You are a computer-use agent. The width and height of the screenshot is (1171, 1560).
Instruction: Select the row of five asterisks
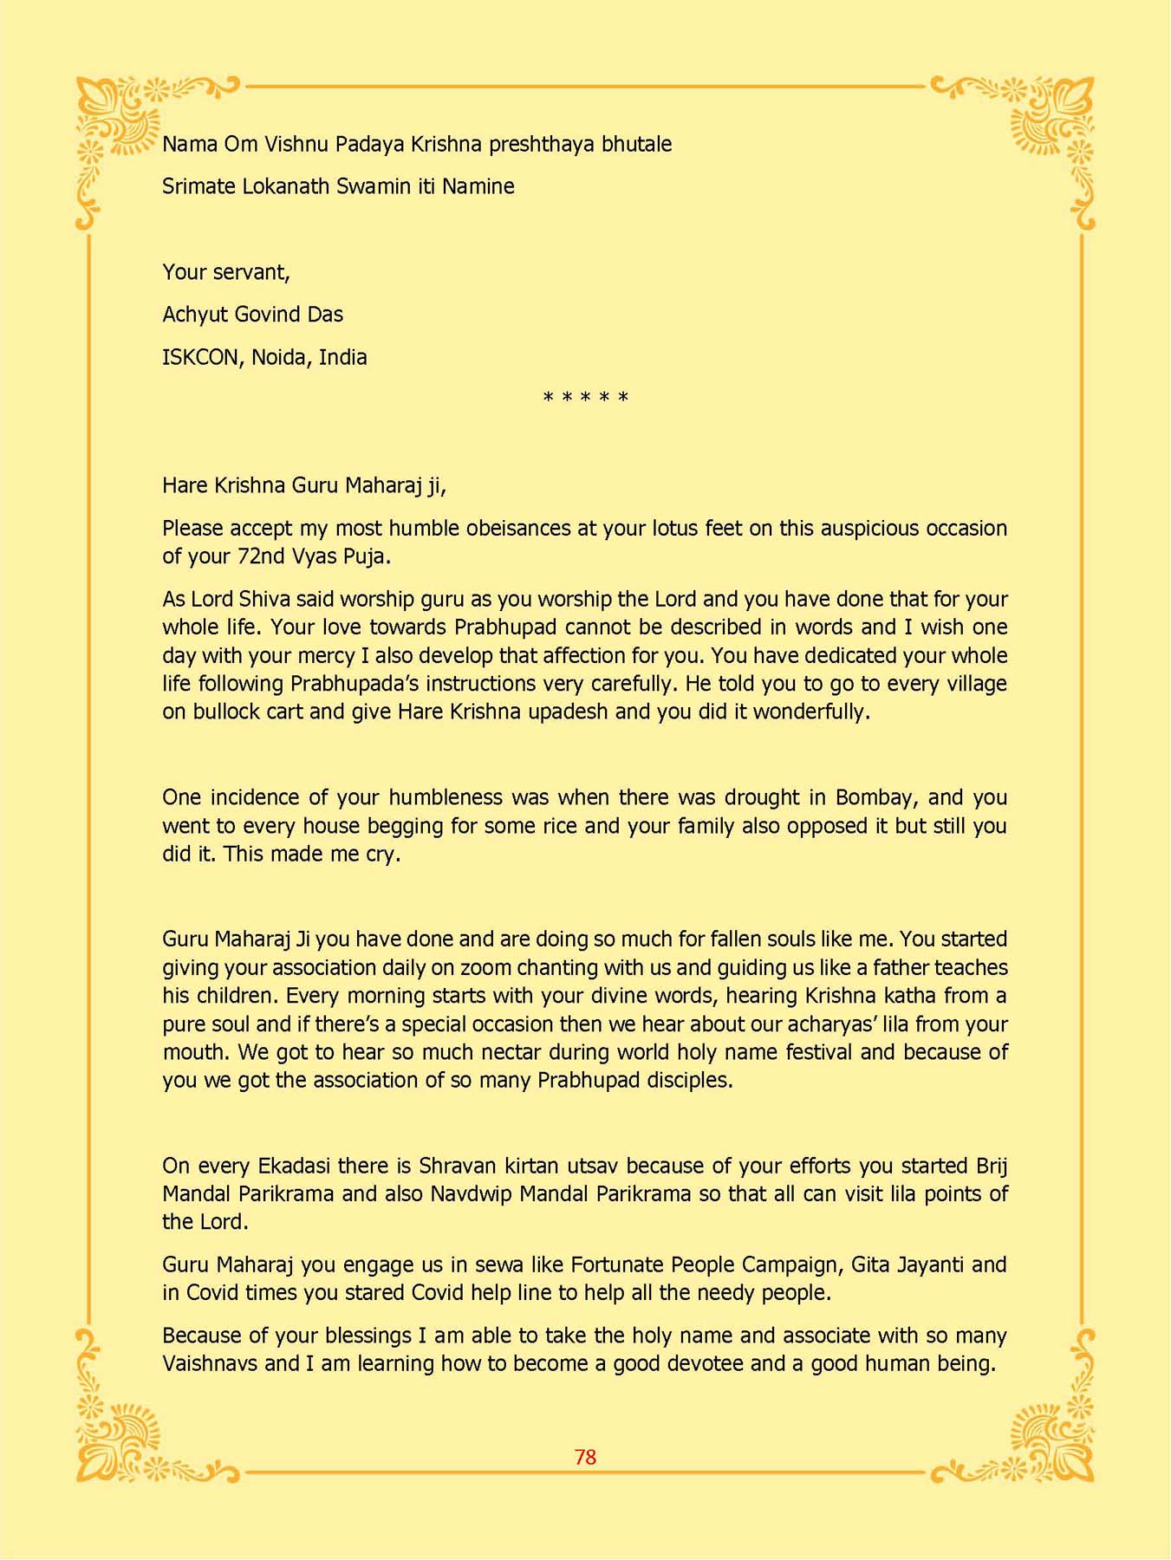tap(585, 399)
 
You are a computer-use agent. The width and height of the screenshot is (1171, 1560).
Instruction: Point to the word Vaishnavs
tap(210, 1364)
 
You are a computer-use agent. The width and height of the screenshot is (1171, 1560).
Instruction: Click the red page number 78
tap(585, 1457)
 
